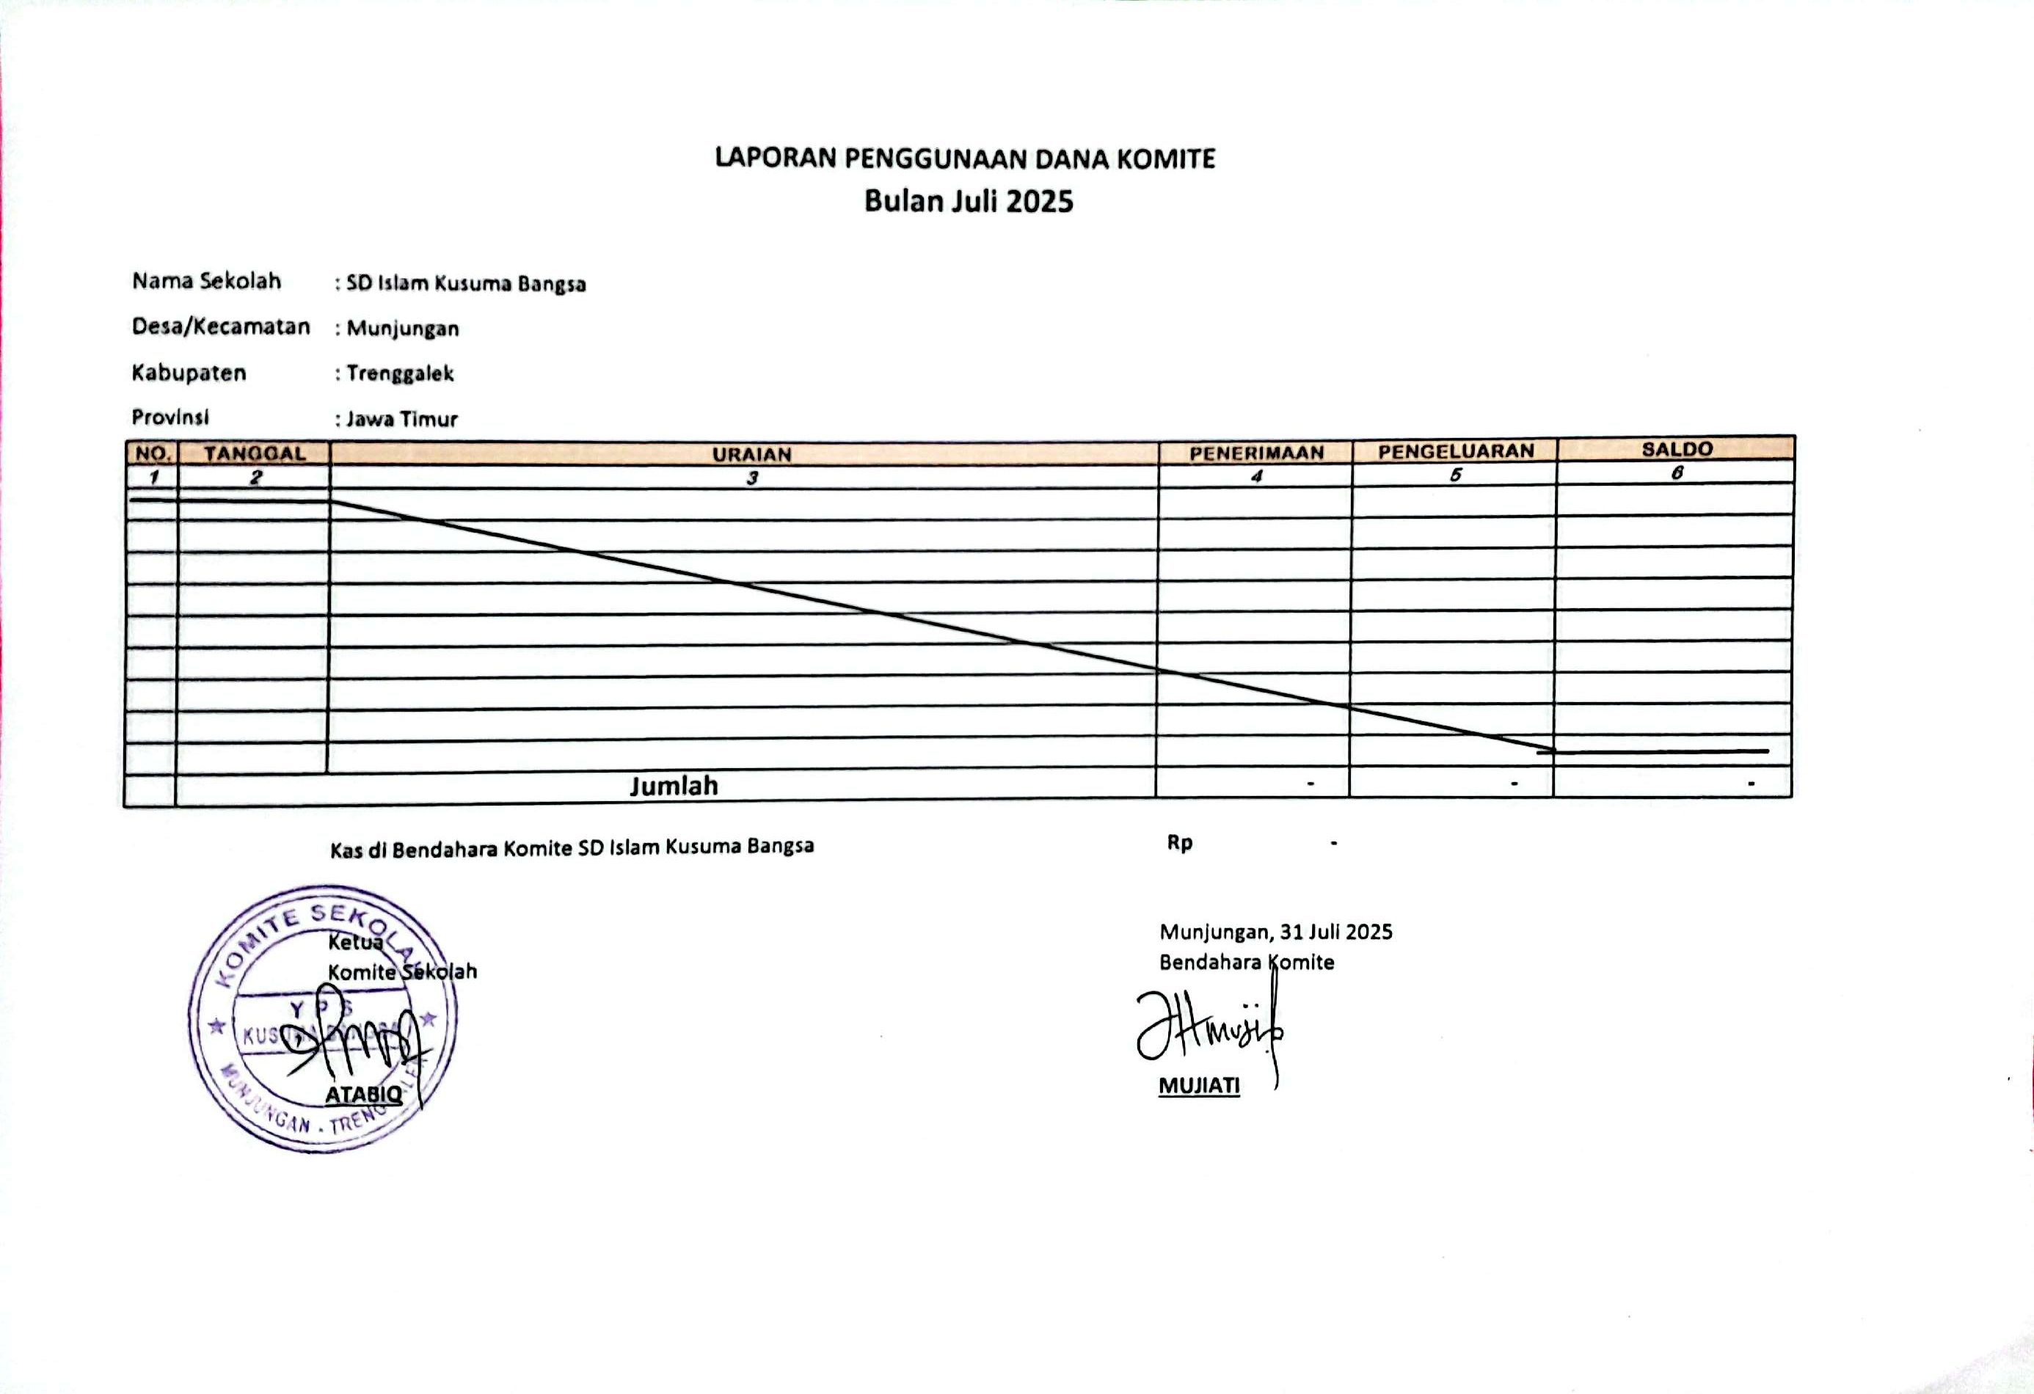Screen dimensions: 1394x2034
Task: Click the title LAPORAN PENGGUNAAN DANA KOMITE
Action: point(964,158)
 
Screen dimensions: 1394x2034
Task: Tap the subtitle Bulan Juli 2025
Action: point(968,201)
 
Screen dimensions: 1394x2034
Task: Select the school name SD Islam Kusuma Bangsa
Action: point(466,283)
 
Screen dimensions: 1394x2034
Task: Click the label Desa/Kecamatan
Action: point(221,326)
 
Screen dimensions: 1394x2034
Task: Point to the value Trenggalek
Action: point(400,373)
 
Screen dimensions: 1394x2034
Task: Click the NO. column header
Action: point(153,453)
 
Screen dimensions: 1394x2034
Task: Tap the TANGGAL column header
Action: point(255,453)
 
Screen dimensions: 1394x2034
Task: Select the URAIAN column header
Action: point(751,454)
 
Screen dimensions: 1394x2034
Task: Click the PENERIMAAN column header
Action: point(1256,453)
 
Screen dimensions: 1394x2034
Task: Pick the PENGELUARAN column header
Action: point(1456,450)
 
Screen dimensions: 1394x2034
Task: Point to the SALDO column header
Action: point(1676,449)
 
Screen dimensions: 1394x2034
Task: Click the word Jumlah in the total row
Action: point(674,786)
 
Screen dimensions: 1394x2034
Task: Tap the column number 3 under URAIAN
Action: point(751,478)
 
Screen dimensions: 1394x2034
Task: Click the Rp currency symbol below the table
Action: point(1179,843)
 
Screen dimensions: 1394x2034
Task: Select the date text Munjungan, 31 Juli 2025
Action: point(1275,931)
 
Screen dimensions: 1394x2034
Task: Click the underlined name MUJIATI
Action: point(1199,1086)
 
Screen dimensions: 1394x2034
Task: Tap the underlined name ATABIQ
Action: point(363,1094)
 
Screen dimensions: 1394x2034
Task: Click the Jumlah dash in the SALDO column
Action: point(1751,784)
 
